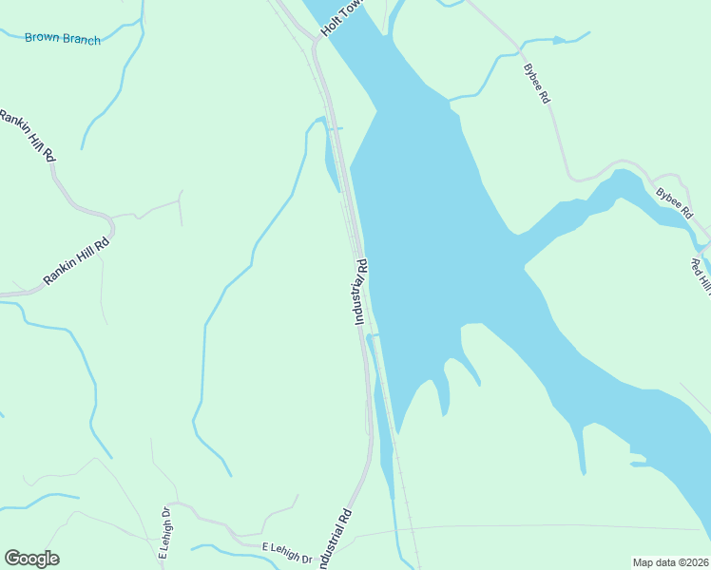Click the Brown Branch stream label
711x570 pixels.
(x=62, y=38)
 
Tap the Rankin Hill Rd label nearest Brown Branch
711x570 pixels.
(x=27, y=136)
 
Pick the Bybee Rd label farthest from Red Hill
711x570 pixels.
(x=537, y=84)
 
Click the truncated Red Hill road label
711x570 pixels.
(x=701, y=275)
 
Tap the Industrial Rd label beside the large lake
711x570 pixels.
(x=360, y=292)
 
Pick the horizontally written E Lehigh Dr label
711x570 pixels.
(x=287, y=554)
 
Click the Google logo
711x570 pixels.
(x=31, y=559)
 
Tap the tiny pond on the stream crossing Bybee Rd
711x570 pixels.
(x=559, y=40)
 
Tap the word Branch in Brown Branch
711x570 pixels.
(x=81, y=39)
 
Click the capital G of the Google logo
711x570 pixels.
(x=12, y=559)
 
